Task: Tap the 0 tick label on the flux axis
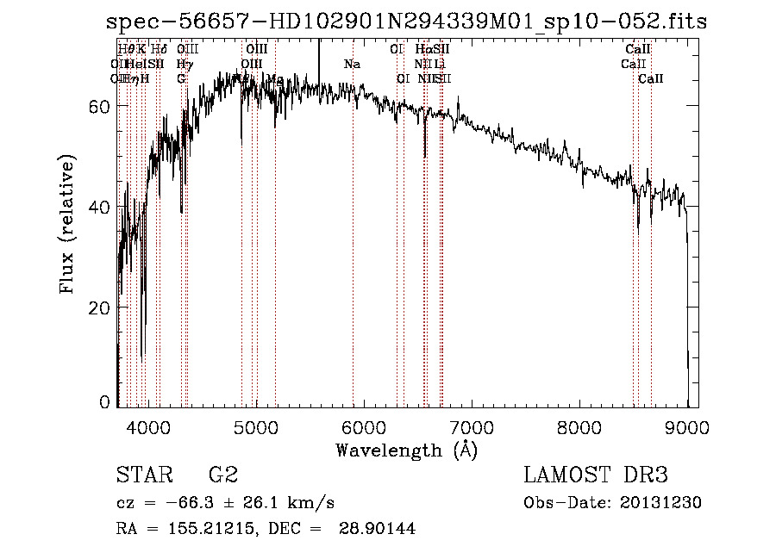[x=104, y=402]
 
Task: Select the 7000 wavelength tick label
[x=471, y=426]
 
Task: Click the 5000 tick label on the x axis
[x=255, y=426]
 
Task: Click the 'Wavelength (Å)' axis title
[x=406, y=450]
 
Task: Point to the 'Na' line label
[x=352, y=64]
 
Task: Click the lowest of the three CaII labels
[x=651, y=78]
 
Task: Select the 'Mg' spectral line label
[x=275, y=78]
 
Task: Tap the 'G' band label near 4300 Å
[x=181, y=78]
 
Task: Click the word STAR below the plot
[x=142, y=475]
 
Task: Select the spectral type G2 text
[x=222, y=475]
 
